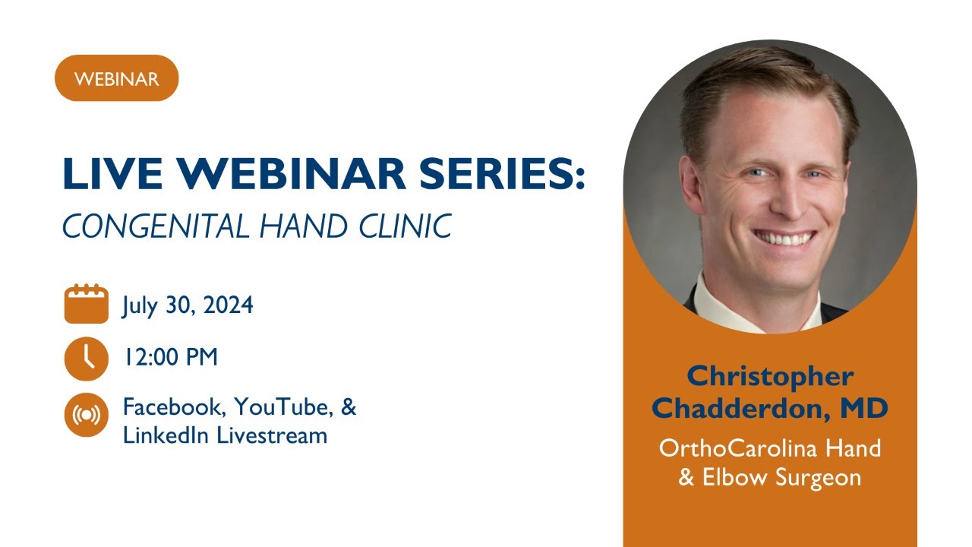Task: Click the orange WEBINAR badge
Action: [116, 78]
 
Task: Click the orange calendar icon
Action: [86, 304]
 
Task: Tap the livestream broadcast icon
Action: [86, 415]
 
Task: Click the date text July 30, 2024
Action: [188, 305]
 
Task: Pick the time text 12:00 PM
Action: [171, 357]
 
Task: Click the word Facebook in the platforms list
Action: [174, 407]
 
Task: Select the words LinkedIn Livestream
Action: [225, 435]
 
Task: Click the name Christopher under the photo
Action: [770, 376]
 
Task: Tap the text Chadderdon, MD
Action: [770, 409]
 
